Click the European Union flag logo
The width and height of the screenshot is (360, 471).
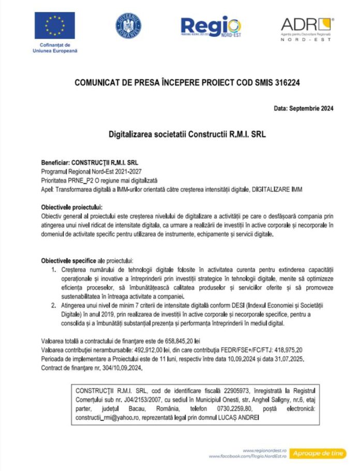point(54,26)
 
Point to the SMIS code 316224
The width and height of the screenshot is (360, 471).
point(288,82)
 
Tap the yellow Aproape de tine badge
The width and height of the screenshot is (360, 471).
point(317,453)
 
